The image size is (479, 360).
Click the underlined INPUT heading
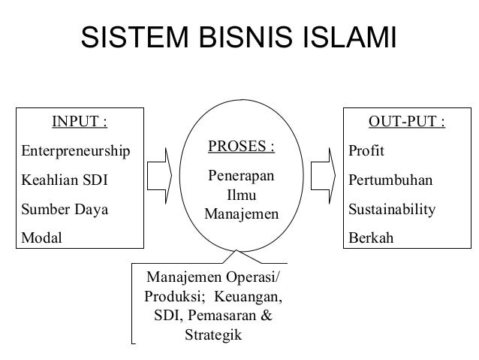78,122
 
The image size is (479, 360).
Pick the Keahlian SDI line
61,182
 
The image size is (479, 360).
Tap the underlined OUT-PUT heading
406,122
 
